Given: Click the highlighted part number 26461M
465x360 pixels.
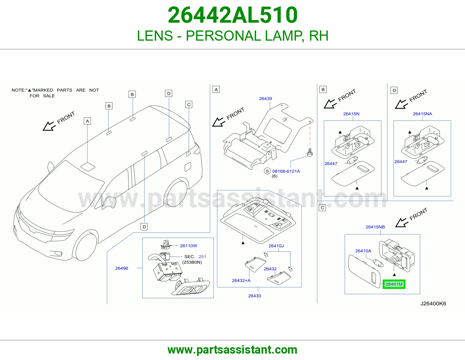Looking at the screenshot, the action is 394,284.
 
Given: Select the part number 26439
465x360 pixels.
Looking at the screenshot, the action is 265,98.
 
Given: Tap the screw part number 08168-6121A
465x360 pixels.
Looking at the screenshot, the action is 286,171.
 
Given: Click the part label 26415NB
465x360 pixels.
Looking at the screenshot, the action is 375,227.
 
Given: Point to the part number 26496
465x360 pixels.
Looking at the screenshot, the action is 121,268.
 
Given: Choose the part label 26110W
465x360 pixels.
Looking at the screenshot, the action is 188,246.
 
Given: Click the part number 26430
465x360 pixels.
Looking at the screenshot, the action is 254,296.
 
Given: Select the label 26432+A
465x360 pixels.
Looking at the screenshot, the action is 241,280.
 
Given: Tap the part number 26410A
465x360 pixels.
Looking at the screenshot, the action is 363,251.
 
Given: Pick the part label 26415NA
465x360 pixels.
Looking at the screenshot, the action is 422,114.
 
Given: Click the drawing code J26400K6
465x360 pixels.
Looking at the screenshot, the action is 433,304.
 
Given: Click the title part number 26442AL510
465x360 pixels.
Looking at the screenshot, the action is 233,15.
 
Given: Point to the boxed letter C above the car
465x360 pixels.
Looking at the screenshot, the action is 189,105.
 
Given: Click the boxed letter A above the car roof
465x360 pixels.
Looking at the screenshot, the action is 87,121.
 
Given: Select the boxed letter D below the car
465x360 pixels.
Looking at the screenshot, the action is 144,227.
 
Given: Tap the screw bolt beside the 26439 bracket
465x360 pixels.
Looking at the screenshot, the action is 310,152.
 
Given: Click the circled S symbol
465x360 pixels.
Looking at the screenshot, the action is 267,171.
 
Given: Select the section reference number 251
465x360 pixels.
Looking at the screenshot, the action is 202,257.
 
